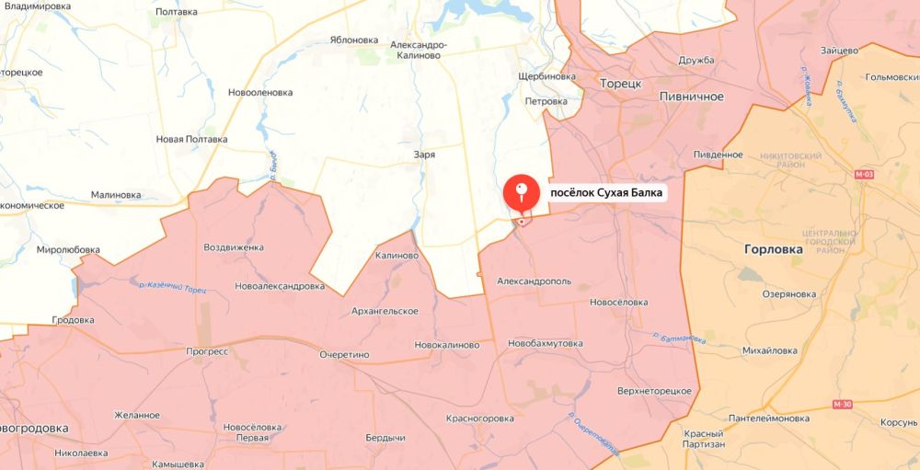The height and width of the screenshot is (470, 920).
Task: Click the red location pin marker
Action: pos(522,193)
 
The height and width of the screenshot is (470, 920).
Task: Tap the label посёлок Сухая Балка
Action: pos(606,194)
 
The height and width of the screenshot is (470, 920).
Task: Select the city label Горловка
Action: pos(773,249)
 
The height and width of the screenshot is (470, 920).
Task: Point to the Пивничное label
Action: pos(692,97)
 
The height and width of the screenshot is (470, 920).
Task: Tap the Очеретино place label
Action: pos(344,354)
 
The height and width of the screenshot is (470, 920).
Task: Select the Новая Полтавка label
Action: pos(191,139)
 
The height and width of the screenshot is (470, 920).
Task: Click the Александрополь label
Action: pos(534,281)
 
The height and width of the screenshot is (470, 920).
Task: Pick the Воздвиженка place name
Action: pos(234,247)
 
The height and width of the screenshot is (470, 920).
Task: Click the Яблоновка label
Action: pos(354,40)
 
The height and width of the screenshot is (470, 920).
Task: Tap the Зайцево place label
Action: pos(838,50)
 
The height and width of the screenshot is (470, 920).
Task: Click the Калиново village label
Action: pos(397,256)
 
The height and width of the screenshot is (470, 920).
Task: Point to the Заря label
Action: pos(424,155)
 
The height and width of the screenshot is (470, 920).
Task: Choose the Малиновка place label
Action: pos(116,195)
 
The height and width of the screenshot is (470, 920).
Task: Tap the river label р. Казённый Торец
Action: pos(172,287)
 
